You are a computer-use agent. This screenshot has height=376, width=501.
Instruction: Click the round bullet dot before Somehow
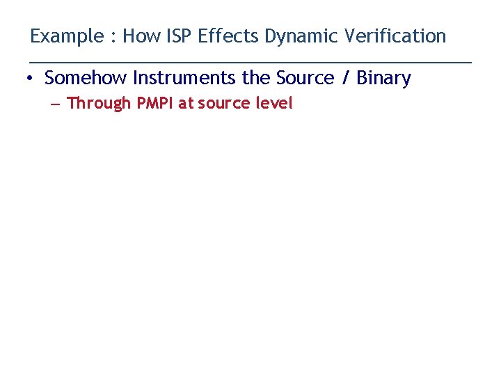coord(30,79)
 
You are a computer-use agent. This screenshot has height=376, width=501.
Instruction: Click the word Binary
coord(383,78)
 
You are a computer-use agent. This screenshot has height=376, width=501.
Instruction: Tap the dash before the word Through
coord(55,104)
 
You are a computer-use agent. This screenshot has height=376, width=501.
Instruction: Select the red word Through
coord(99,104)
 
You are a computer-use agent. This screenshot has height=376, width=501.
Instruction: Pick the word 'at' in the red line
coord(186,103)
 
